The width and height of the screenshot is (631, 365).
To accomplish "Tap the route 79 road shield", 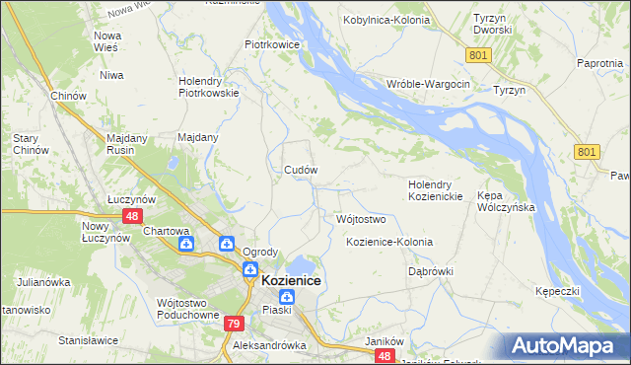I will [234, 324].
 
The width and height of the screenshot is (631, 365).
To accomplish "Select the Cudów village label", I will [301, 170].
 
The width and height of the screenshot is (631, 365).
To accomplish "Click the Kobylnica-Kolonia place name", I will [386, 20].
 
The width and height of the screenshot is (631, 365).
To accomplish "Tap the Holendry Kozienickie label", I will [436, 190].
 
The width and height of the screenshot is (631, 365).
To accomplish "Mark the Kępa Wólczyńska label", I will [505, 201].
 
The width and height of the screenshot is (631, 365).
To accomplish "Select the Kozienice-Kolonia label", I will [389, 242].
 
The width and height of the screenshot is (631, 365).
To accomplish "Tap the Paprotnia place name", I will [601, 63].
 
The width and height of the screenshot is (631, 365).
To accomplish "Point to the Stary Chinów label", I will [26, 144].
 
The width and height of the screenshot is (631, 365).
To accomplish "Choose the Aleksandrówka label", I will [264, 346].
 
